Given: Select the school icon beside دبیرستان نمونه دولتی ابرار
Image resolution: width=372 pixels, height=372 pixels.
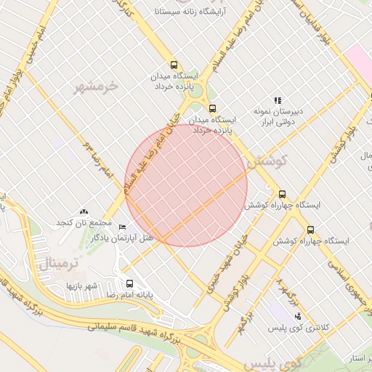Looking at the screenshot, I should (277, 100).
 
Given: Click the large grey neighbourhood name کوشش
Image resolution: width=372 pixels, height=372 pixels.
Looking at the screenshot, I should (267, 163).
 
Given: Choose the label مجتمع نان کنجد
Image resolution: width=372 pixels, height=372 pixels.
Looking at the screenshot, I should (84, 222).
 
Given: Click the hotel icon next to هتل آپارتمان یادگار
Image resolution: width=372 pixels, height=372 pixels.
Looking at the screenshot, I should (122, 227).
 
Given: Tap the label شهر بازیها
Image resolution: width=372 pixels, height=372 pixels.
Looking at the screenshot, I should (82, 285).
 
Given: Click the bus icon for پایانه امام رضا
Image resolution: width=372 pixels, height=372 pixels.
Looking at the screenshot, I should (129, 283).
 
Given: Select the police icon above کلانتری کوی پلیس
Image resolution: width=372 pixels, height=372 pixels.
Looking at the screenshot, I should (297, 316).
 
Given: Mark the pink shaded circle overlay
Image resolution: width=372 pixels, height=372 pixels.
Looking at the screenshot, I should (186, 185).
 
